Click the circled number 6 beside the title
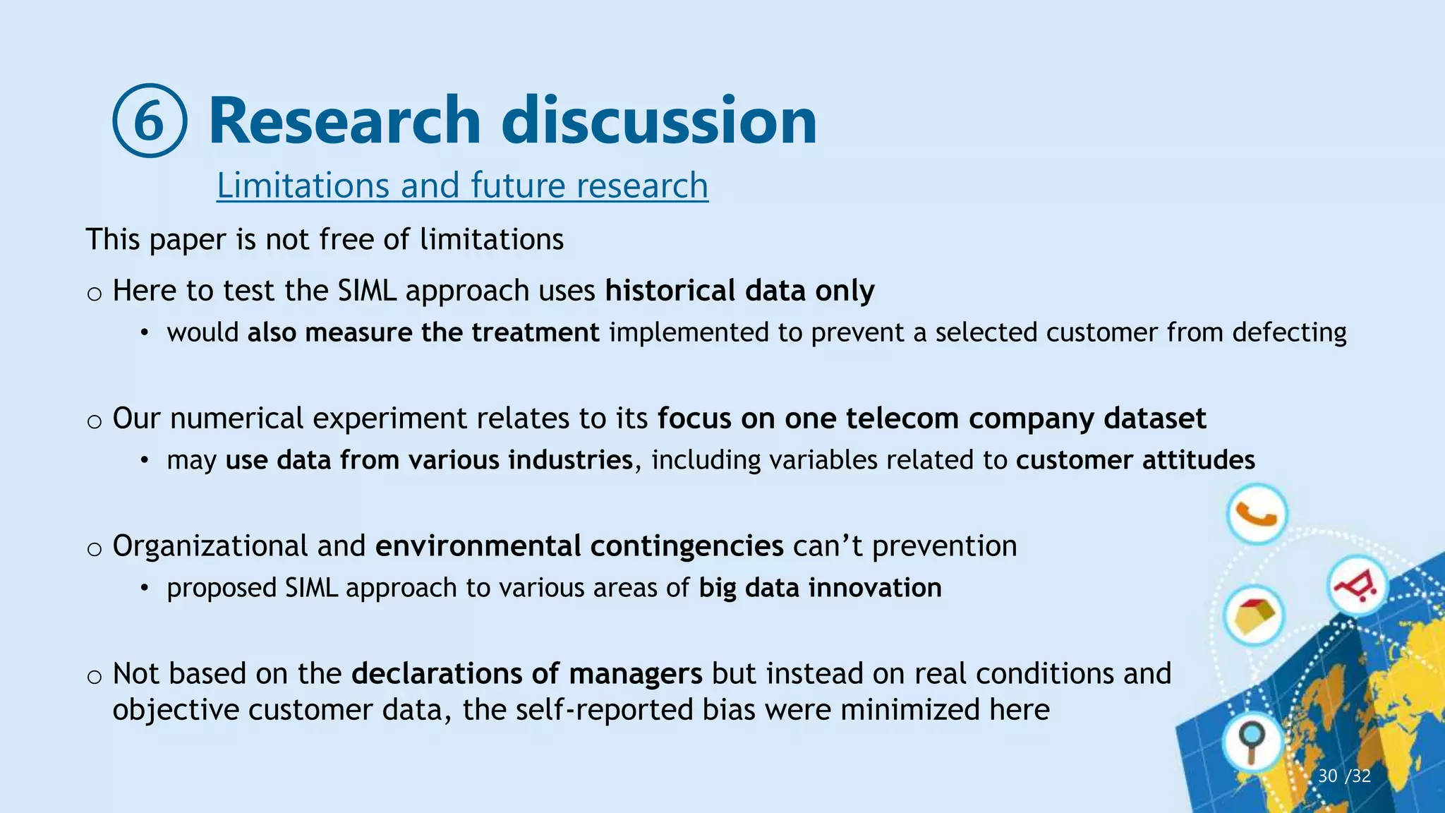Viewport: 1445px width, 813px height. pyautogui.click(x=150, y=121)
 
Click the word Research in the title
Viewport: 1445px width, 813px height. pyautogui.click(x=344, y=120)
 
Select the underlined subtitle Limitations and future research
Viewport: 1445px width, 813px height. pyautogui.click(x=462, y=186)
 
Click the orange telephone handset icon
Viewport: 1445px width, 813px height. pyautogui.click(x=1257, y=514)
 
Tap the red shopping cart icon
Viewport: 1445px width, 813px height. pyautogui.click(x=1357, y=586)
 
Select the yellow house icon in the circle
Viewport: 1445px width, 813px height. pyautogui.click(x=1254, y=616)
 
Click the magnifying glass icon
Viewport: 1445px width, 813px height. pyautogui.click(x=1252, y=742)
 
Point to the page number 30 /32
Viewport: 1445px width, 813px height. pyautogui.click(x=1344, y=776)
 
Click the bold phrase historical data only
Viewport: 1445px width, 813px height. pyautogui.click(x=739, y=291)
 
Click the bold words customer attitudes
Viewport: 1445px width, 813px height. pyautogui.click(x=1135, y=460)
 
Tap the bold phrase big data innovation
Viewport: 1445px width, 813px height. pyautogui.click(x=820, y=588)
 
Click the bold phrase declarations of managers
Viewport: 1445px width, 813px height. pyautogui.click(x=526, y=674)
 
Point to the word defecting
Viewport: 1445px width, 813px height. pyautogui.click(x=1289, y=332)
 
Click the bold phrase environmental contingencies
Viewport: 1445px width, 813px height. pyautogui.click(x=579, y=546)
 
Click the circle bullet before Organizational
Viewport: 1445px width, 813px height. pyautogui.click(x=95, y=549)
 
